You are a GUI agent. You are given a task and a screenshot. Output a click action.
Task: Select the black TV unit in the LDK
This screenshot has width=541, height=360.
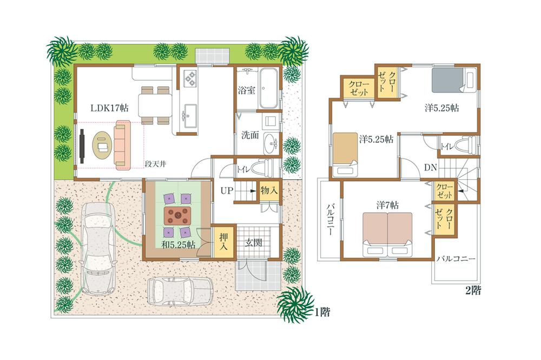click(x=81, y=145)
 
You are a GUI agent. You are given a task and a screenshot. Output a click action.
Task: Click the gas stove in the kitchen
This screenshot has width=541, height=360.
click(x=190, y=80)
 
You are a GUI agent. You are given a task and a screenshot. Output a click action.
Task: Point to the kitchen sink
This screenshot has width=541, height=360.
click(x=189, y=115)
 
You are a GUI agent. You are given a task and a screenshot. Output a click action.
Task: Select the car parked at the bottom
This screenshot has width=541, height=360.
click(x=180, y=292)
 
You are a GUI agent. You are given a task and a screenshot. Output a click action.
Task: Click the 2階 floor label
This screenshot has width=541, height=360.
click(x=472, y=290)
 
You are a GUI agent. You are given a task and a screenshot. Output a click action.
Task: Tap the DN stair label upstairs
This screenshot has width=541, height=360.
click(x=430, y=168)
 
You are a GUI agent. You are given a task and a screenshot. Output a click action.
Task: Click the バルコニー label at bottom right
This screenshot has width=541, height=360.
click(x=456, y=259)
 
